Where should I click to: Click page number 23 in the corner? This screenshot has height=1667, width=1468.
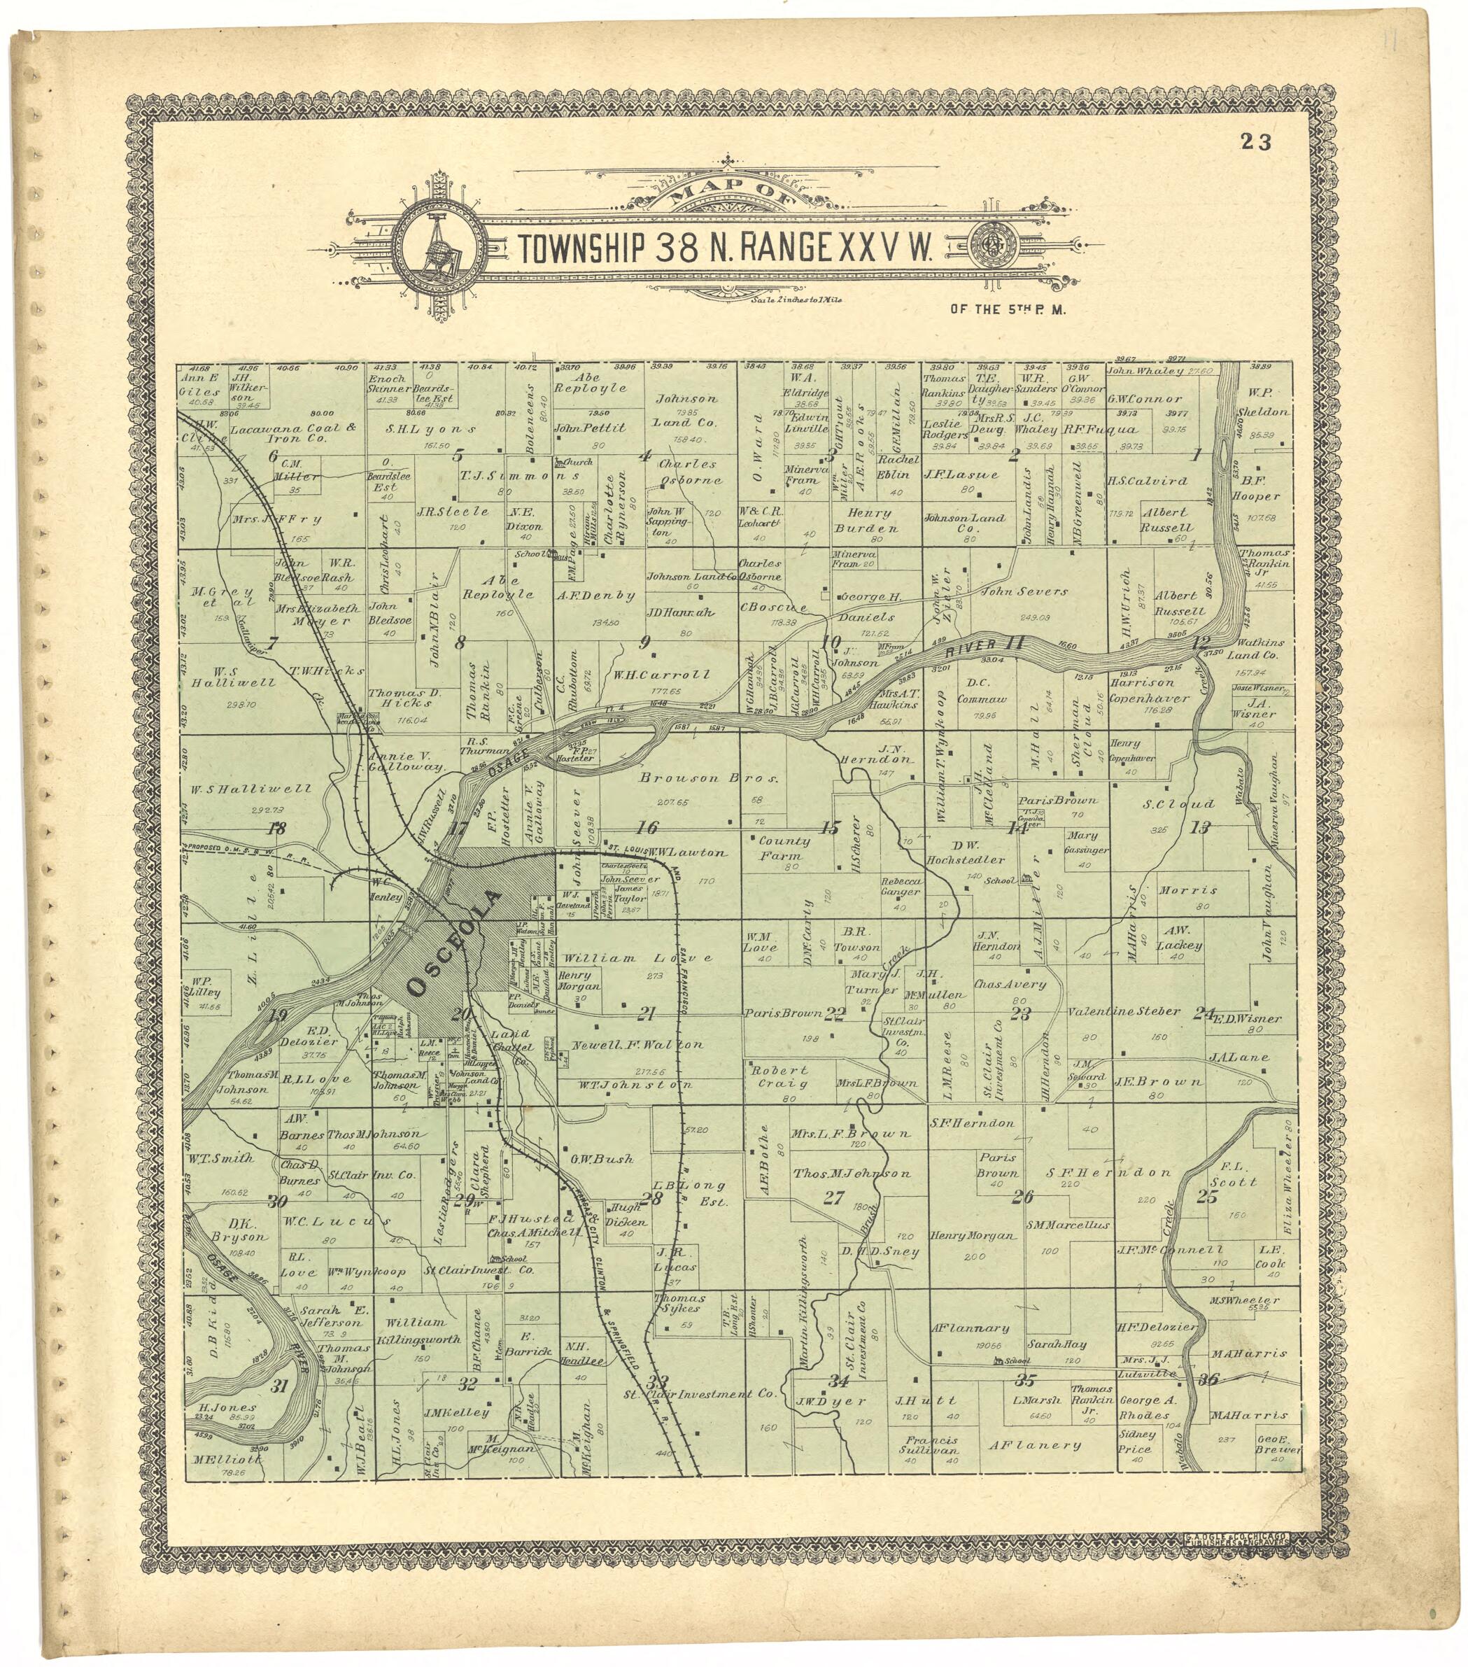pos(1256,142)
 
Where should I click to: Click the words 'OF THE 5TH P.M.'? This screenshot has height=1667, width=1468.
pos(1008,310)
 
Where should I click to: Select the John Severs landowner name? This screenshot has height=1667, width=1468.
pos(1024,591)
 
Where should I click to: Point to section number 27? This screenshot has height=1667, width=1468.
pos(833,1198)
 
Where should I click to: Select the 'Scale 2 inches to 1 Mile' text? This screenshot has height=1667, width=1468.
pos(795,300)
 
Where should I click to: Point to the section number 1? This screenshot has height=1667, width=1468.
pos(1196,456)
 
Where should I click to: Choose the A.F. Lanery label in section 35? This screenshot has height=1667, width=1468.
pos(1035,1444)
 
